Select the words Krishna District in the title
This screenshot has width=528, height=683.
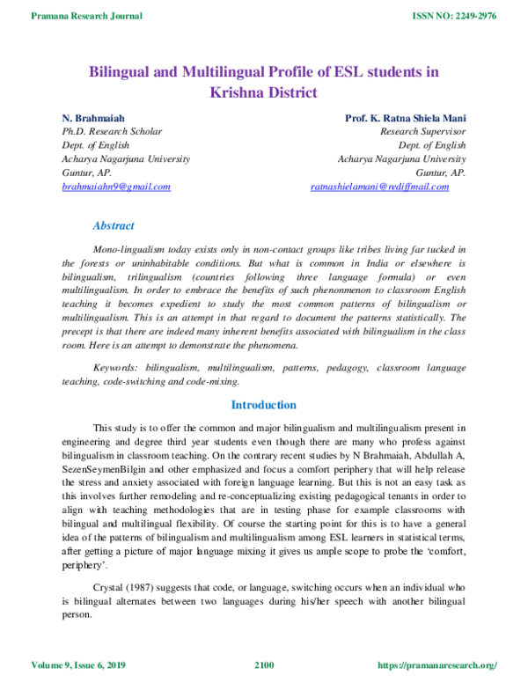[x=263, y=92]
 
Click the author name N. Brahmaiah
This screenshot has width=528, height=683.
[x=93, y=117]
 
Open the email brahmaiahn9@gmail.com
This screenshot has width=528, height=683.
[x=115, y=187]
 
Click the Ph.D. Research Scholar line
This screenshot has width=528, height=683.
[x=112, y=131]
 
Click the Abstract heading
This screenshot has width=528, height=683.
[x=114, y=226]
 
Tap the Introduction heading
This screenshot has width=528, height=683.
[x=263, y=405]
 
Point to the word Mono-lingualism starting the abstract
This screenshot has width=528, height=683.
[x=131, y=250]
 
